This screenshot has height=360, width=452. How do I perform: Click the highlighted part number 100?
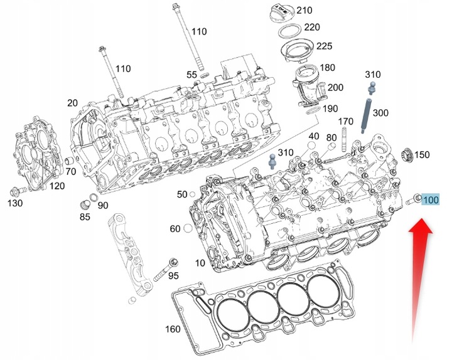tap(431, 201)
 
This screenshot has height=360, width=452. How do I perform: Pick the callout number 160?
tap(173, 329)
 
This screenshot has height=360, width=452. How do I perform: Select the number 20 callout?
tap(72, 103)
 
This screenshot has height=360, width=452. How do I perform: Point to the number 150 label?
tap(422, 154)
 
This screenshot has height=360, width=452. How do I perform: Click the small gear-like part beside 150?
tap(406, 153)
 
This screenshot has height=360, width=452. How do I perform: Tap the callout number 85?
tap(85, 217)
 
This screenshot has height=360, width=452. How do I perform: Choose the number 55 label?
tap(191, 75)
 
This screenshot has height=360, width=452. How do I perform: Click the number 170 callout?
tap(346, 121)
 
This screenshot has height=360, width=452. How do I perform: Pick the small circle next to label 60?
tap(188, 228)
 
